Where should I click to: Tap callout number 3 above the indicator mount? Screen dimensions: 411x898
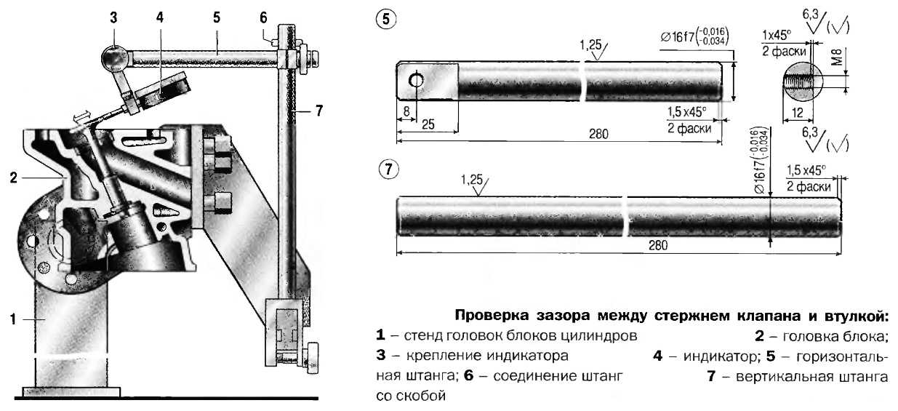pos(114,18)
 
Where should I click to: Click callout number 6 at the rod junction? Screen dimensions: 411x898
pos(263,17)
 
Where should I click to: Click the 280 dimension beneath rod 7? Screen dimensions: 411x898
pos(657,245)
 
